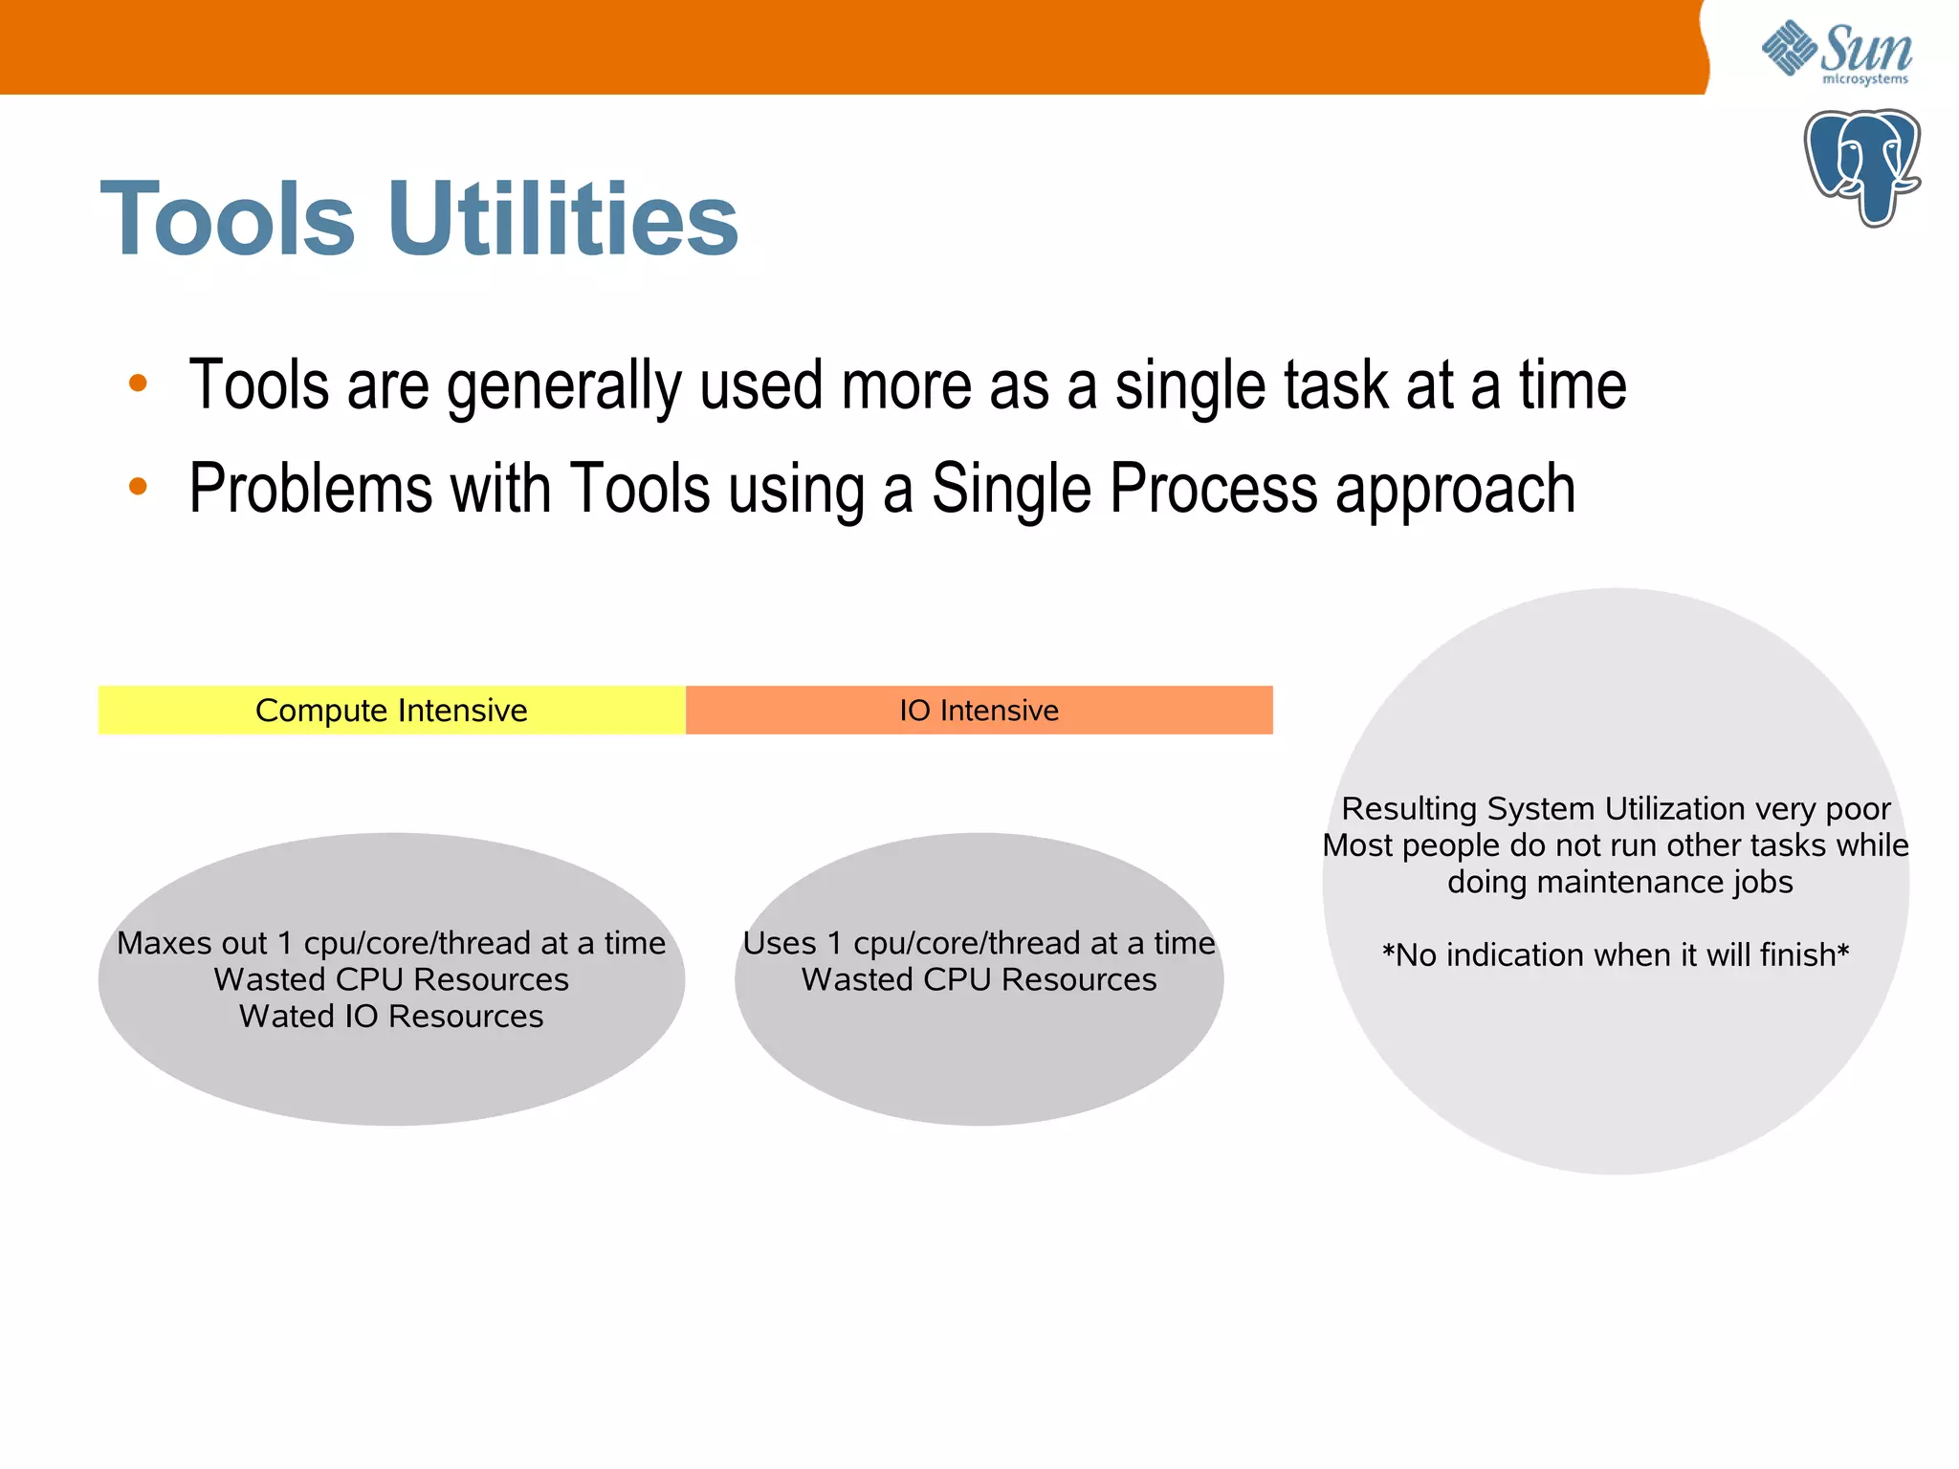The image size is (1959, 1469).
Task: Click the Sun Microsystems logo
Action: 1837,53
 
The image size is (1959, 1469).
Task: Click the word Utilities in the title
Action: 562,219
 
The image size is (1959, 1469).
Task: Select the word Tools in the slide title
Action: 228,219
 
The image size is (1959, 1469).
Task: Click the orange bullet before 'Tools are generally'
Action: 138,384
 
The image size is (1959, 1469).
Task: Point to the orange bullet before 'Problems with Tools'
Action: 138,486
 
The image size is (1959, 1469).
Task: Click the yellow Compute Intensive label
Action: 391,711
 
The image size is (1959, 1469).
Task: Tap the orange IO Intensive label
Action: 979,711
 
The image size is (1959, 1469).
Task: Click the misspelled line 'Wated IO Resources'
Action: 391,1017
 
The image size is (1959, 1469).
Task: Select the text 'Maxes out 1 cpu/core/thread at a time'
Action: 391,943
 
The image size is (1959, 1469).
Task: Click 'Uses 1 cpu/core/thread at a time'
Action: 979,943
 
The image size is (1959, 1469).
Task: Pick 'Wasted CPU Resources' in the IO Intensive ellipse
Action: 979,980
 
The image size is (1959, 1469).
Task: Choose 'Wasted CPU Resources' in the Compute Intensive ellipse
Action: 391,980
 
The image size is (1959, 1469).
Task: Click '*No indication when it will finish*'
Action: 1616,955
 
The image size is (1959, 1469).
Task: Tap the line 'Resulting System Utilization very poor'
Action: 1616,809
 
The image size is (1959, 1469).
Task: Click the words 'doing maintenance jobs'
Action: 1619,882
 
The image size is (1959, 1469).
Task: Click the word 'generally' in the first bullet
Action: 563,385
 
